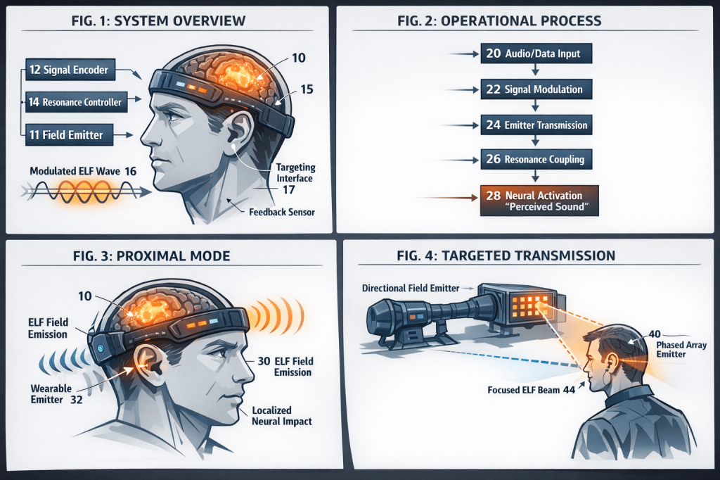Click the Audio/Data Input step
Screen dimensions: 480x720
click(536, 53)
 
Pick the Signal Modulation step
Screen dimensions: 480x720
click(536, 89)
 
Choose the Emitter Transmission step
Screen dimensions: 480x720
click(536, 125)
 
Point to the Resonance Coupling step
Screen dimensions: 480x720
click(536, 160)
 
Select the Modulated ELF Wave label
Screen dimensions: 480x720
click(82, 171)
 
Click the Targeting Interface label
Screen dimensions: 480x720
click(295, 173)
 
